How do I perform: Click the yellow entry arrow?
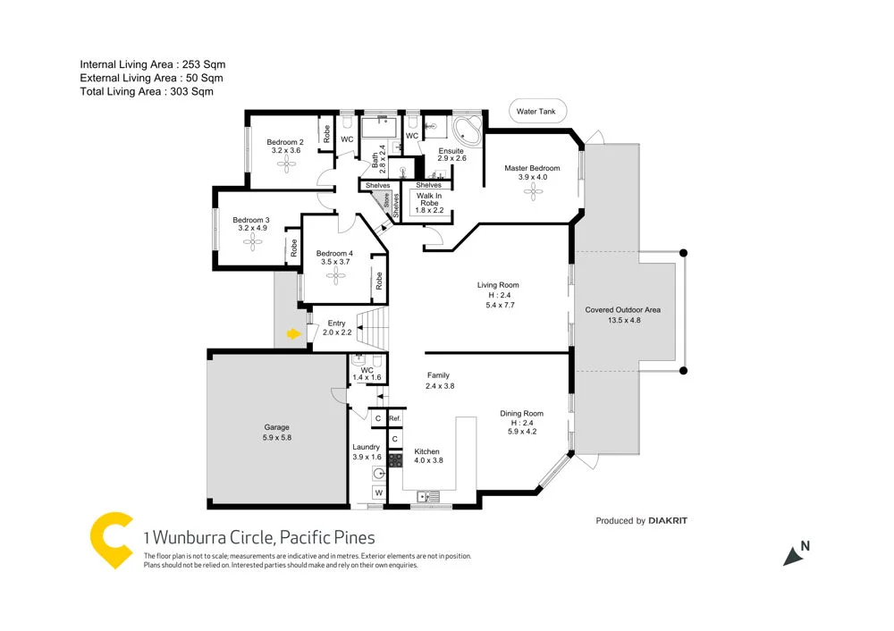pyautogui.click(x=292, y=334)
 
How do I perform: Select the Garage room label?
pyautogui.click(x=277, y=427)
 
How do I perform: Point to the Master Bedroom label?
pyautogui.click(x=532, y=168)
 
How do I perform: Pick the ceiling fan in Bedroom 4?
pyautogui.click(x=335, y=277)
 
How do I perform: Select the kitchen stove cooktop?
pyautogui.click(x=395, y=462)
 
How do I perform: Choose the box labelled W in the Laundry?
pyautogui.click(x=378, y=493)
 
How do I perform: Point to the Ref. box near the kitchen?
pyautogui.click(x=394, y=418)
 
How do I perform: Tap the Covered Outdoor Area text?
pyautogui.click(x=623, y=309)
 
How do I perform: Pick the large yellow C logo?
pyautogui.click(x=112, y=539)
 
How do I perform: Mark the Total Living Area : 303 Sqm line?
pyautogui.click(x=147, y=91)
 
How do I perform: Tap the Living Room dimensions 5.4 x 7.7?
pyautogui.click(x=501, y=305)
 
